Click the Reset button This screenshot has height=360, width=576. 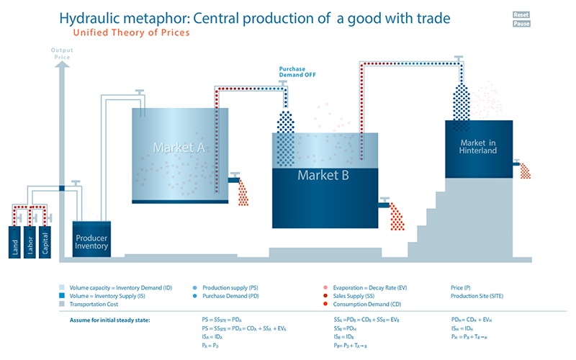coord(522,14)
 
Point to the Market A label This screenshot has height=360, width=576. coord(179,148)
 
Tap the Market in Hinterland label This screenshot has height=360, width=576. coord(478,146)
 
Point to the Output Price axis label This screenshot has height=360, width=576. coord(62,53)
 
